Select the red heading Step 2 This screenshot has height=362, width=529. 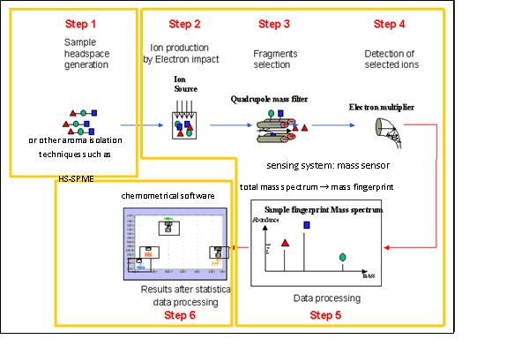(x=184, y=24)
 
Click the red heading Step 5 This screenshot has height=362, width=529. (x=326, y=313)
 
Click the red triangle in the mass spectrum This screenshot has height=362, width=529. (x=284, y=241)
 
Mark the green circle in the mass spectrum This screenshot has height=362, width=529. (x=342, y=257)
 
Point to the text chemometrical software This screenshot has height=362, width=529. (x=160, y=195)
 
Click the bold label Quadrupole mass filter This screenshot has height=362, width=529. (x=275, y=100)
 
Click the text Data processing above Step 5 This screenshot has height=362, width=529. (x=326, y=298)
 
